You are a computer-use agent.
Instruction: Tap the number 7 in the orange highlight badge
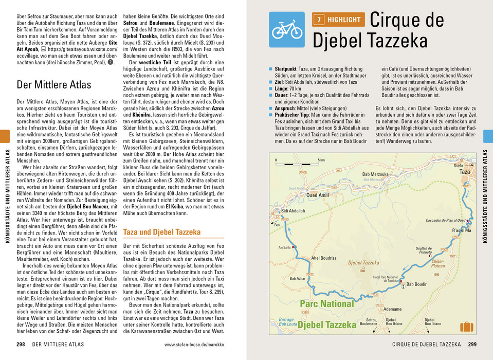coord(319,20)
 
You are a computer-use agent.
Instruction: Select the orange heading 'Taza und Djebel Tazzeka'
coord(162,232)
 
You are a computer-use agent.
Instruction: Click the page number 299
coord(474,344)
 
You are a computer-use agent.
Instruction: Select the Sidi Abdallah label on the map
coord(293,211)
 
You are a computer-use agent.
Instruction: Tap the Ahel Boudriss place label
coord(324,258)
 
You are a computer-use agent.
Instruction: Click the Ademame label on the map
coord(392,309)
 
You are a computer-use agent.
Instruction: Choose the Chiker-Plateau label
coord(437,264)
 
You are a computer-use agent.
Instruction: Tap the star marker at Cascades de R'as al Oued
coord(467,220)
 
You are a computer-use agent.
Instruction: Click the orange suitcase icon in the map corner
coord(467,326)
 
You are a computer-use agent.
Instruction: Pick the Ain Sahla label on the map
coord(284,247)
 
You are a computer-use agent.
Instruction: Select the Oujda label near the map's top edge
coord(459,166)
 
